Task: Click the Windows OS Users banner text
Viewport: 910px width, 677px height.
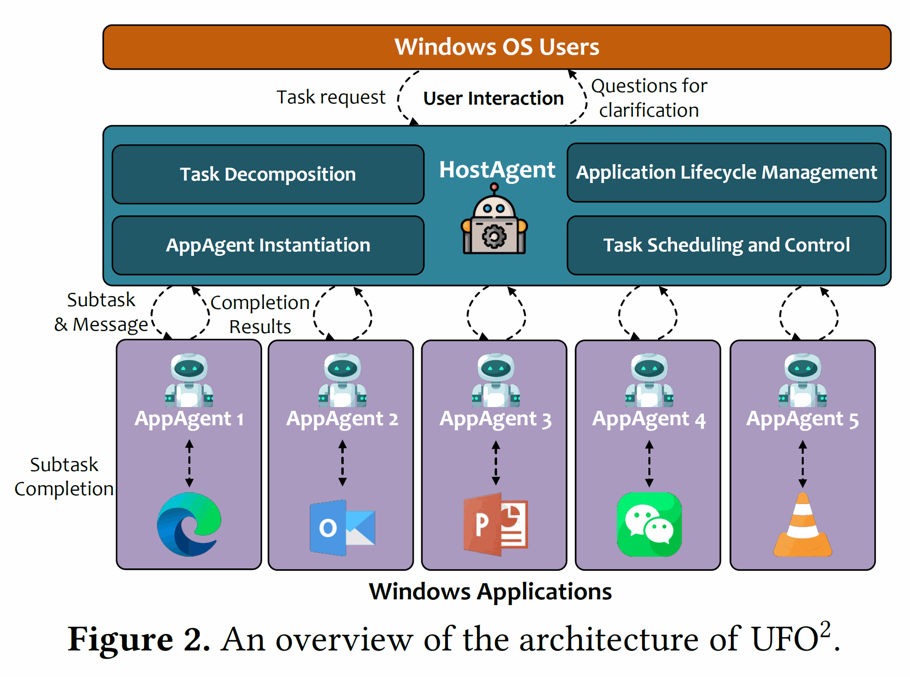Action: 497,47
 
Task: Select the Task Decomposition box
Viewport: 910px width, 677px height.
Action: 268,174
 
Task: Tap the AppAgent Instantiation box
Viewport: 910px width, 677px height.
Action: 268,245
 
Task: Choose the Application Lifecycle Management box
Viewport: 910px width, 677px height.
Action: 726,172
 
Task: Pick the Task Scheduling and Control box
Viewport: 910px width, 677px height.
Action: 726,245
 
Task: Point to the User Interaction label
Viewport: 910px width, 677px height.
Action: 493,99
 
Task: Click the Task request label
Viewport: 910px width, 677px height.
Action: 331,97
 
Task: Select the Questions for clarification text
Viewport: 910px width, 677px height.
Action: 649,98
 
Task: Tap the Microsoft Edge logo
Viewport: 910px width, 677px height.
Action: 189,524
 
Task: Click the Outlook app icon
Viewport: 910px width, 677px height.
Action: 342,527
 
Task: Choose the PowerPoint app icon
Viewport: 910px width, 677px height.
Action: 495,524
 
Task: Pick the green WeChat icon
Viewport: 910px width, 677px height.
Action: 649,524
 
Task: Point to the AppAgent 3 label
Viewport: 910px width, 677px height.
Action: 495,419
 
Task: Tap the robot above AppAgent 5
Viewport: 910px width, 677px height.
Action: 802,380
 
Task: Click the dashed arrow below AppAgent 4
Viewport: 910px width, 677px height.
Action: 649,464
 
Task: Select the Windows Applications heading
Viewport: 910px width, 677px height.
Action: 490,592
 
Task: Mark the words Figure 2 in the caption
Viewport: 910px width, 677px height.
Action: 138,640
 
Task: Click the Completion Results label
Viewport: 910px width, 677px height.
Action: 260,315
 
